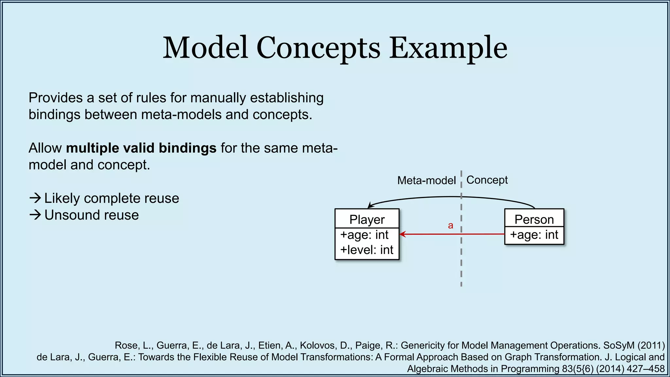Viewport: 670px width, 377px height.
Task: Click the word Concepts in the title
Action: [318, 48]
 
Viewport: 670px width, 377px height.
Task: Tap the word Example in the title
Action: [448, 48]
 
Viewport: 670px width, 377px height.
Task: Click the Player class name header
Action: [367, 219]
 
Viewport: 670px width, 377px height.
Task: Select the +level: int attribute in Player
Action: [366, 250]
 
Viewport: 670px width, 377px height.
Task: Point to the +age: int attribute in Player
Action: [364, 235]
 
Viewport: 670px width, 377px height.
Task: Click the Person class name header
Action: [534, 219]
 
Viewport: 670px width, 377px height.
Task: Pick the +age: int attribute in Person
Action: [534, 235]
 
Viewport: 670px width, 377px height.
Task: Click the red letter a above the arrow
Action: [450, 225]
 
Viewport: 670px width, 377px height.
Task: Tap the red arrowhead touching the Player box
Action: [402, 234]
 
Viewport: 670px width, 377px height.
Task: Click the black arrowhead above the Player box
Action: [370, 206]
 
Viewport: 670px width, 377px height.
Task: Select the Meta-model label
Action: [426, 180]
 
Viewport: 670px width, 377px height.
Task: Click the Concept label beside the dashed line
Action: [487, 180]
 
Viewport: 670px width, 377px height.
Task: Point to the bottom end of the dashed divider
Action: [461, 285]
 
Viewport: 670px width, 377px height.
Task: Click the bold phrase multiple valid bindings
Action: [141, 148]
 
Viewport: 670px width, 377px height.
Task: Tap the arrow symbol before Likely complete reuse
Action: [35, 198]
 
